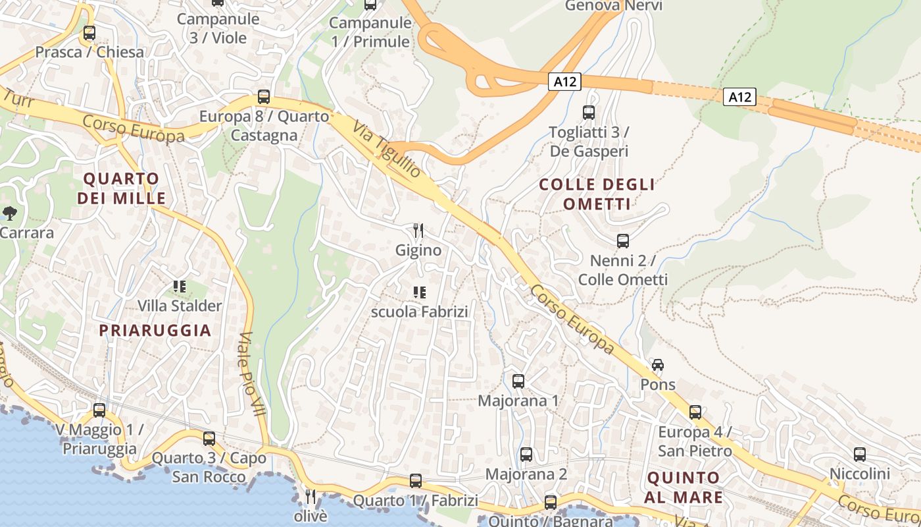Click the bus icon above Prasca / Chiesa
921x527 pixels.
[x=89, y=32]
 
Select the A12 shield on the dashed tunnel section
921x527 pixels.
[x=739, y=97]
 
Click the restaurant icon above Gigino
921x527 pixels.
[x=418, y=231]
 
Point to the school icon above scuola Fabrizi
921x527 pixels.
[x=419, y=292]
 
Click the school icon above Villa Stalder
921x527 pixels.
[x=180, y=287]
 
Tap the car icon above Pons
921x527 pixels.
[x=657, y=365]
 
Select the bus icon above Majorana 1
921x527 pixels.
[x=518, y=381]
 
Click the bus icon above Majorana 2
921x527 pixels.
[x=526, y=454]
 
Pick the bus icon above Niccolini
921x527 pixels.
[x=859, y=454]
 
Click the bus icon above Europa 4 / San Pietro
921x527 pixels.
[x=695, y=412]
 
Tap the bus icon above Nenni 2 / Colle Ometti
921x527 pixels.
[x=622, y=241]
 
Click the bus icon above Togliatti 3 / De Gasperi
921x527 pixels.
[x=588, y=113]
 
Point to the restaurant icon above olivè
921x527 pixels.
[x=311, y=496]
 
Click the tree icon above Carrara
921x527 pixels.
[x=10, y=213]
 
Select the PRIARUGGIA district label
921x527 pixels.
[x=155, y=331]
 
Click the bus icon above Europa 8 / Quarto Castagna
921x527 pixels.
[x=263, y=97]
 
